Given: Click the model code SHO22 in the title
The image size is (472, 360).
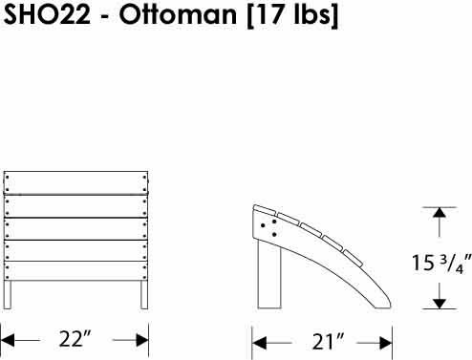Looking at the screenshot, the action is pos(47,14).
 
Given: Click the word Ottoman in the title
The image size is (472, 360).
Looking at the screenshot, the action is pos(178,14).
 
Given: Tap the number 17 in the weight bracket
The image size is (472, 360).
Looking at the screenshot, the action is pos(270,14).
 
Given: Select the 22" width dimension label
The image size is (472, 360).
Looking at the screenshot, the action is pos(75,339).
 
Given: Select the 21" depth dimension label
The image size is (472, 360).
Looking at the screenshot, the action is pos(328,342).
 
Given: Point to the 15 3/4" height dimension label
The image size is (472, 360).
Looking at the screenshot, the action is pos(441,263).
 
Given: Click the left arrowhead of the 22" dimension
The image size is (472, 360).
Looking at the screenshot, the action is pos(8,340).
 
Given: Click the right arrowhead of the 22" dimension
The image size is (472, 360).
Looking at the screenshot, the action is pos(142,340).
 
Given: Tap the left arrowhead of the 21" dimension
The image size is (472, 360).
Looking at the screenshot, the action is pos(259,343).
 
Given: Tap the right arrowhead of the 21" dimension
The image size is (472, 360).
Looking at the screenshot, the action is pos(386,343).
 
